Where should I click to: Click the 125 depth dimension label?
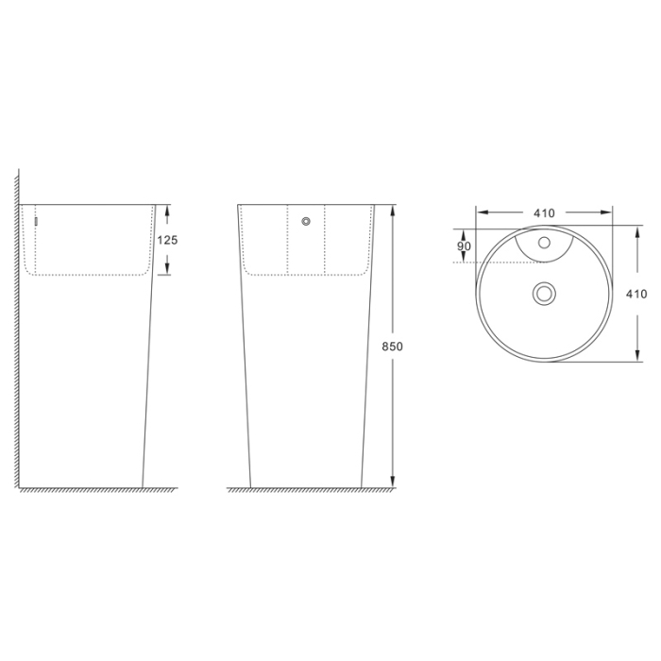click(x=167, y=240)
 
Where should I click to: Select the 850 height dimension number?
click(x=393, y=347)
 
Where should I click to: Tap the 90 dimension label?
click(x=464, y=246)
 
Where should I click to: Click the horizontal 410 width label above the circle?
click(x=544, y=213)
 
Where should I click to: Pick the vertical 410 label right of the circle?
click(x=636, y=294)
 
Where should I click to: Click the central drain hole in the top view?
click(x=544, y=293)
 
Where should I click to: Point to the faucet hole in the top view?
click(x=544, y=243)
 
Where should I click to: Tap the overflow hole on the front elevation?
click(x=306, y=222)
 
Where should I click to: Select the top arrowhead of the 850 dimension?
click(x=393, y=209)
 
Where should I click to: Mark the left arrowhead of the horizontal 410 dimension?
click(x=480, y=213)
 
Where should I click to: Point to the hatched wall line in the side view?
click(x=18, y=330)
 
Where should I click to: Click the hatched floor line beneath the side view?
click(x=94, y=490)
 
